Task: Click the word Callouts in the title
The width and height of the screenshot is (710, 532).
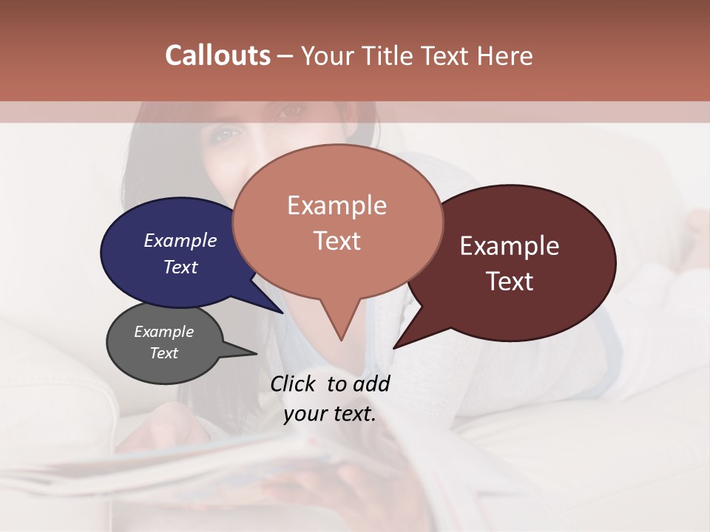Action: [217, 55]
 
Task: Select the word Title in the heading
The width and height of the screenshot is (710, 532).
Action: [390, 55]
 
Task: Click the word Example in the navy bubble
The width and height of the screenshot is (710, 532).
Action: [180, 240]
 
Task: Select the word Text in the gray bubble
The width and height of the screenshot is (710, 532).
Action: [164, 353]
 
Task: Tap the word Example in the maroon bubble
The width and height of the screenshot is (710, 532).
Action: [510, 246]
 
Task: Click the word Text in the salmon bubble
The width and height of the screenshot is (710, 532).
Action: [337, 241]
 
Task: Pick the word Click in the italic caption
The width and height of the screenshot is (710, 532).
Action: [294, 383]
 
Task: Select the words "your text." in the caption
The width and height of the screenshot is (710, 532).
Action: [330, 414]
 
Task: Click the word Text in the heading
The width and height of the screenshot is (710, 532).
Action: [450, 55]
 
